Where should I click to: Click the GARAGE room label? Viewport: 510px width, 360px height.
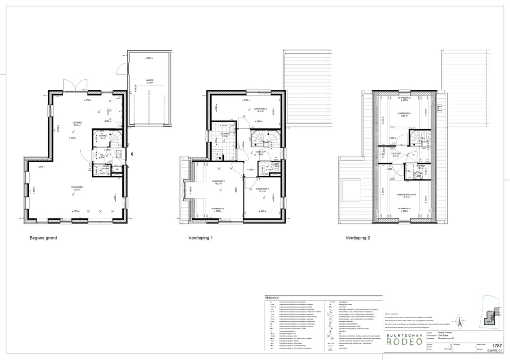click(x=150, y=80)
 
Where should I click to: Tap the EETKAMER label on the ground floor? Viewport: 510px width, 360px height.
click(x=71, y=122)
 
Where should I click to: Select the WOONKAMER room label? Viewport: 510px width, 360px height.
click(x=77, y=187)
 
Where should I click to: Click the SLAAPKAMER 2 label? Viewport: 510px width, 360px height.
click(x=261, y=109)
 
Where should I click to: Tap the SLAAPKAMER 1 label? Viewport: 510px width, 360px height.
click(x=218, y=181)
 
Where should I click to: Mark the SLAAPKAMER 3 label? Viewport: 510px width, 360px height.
click(x=263, y=189)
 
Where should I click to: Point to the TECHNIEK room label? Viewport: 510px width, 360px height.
click(x=421, y=166)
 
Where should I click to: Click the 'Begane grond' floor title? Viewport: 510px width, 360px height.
click(x=43, y=238)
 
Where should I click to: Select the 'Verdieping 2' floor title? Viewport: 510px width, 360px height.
click(x=357, y=238)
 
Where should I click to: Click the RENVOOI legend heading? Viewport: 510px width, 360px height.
click(x=272, y=298)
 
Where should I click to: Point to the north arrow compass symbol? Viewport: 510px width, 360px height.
click(x=456, y=317)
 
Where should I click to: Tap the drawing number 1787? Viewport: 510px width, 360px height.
click(x=497, y=346)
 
